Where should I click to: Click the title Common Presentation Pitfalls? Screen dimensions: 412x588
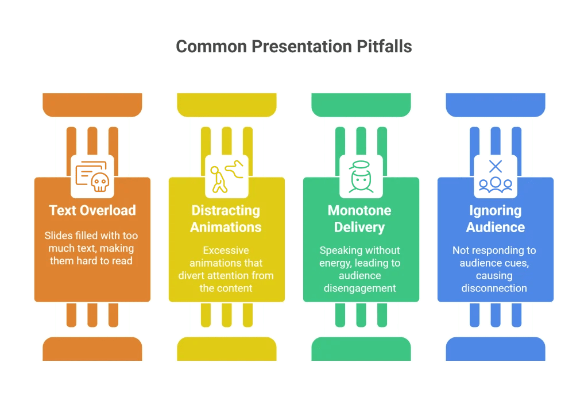[x=293, y=47]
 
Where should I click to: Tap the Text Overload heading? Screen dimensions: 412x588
[x=92, y=210]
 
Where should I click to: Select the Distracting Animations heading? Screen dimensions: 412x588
[x=226, y=218]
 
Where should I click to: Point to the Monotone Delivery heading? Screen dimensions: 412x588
[x=359, y=218]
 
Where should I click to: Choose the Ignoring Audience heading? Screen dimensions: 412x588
[x=495, y=218]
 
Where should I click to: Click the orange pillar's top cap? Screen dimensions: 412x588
[x=92, y=104]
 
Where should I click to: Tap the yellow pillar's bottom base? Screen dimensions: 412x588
[x=227, y=349]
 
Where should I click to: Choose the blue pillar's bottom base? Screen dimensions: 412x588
[x=496, y=349]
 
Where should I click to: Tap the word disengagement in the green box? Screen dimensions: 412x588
[x=359, y=288]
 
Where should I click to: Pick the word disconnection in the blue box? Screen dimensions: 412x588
[x=494, y=288]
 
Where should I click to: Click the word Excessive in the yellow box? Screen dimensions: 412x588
[x=226, y=251]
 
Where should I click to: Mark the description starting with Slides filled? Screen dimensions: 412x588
[x=92, y=248]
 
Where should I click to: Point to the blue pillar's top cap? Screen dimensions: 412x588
[x=496, y=104]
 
